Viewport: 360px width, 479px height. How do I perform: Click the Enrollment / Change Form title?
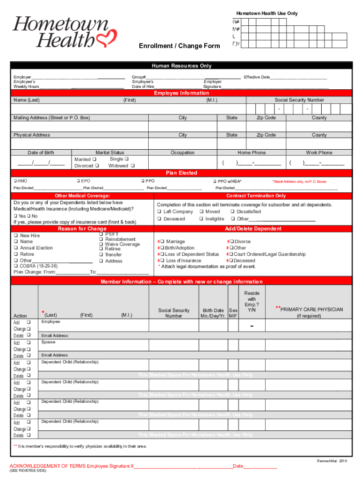point(179,46)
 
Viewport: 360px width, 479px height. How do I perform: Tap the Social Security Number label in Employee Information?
point(299,100)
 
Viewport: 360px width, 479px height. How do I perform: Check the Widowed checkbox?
point(133,166)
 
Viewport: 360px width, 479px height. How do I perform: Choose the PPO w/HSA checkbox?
point(214,181)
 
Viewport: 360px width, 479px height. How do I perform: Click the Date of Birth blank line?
point(41,163)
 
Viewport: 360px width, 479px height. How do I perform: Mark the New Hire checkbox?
point(16,236)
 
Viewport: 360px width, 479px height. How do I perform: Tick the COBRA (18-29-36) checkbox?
point(16,266)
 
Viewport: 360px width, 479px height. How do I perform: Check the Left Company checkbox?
point(159,212)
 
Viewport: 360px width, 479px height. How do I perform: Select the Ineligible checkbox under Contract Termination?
point(201,219)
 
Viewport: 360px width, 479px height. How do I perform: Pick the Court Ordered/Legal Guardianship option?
point(231,254)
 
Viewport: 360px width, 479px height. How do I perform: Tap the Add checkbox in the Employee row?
point(29,322)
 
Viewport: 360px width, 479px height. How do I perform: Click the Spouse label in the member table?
point(48,342)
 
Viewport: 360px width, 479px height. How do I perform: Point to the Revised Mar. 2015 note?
point(332,461)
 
